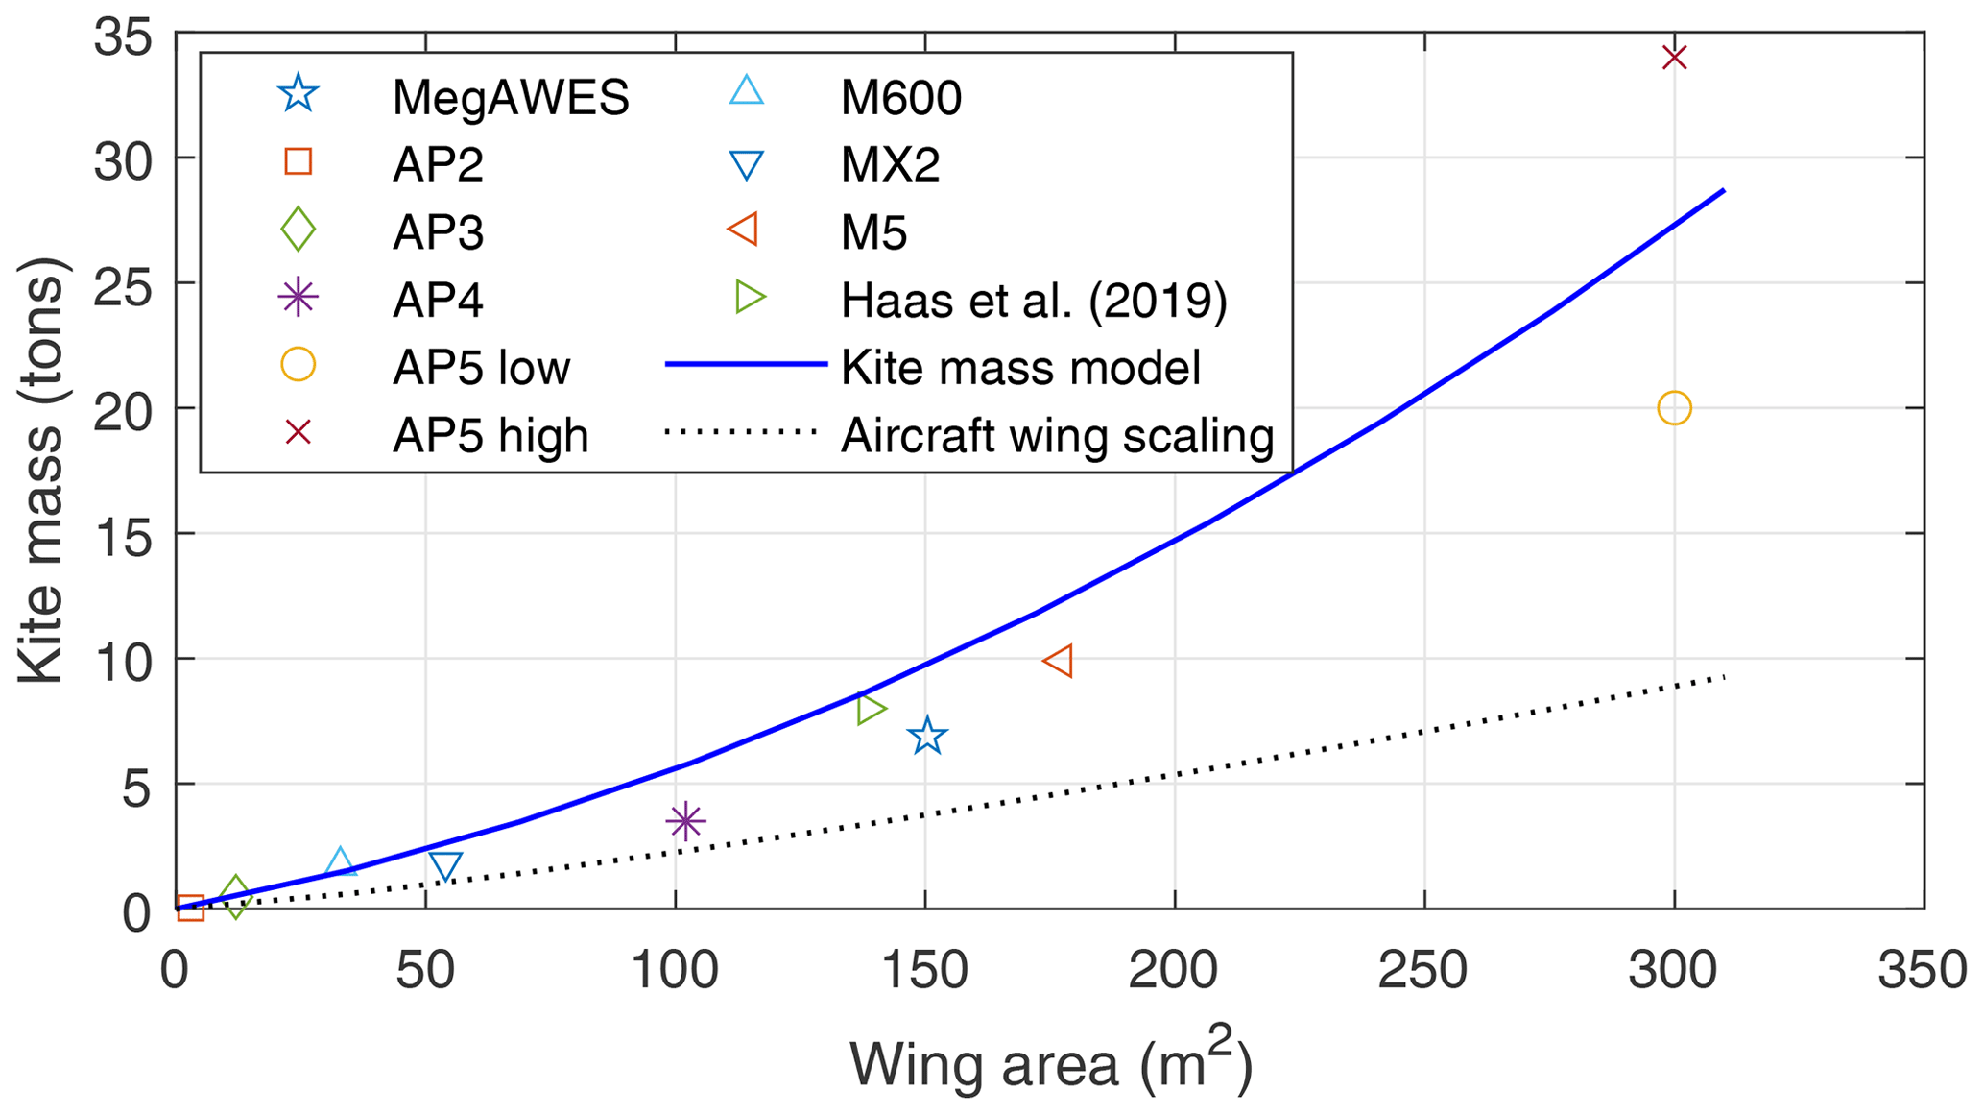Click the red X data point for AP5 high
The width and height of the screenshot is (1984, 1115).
[x=1674, y=58]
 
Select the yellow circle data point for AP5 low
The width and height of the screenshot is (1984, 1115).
[x=1674, y=408]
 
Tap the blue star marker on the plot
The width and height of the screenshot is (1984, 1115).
[x=927, y=737]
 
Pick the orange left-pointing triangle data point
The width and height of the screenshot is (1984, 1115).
[x=1059, y=661]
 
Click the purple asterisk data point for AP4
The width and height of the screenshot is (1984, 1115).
[x=685, y=821]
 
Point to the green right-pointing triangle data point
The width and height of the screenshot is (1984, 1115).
[x=871, y=710]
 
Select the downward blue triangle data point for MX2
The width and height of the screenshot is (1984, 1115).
[x=445, y=866]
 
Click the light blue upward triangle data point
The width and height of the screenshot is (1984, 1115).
[x=340, y=862]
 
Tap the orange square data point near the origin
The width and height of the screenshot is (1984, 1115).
[x=190, y=908]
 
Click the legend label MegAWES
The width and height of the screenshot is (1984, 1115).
[x=511, y=97]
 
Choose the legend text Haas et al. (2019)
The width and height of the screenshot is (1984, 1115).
[x=1034, y=301]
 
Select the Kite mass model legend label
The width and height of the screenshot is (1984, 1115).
[x=1020, y=368]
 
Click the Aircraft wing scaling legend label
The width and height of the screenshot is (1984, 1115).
[x=1057, y=436]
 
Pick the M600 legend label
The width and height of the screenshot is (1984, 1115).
[x=900, y=97]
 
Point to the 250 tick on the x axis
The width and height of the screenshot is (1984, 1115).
[x=1422, y=971]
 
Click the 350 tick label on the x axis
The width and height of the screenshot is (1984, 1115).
[x=1922, y=971]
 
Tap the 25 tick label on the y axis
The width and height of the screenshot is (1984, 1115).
[x=123, y=285]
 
